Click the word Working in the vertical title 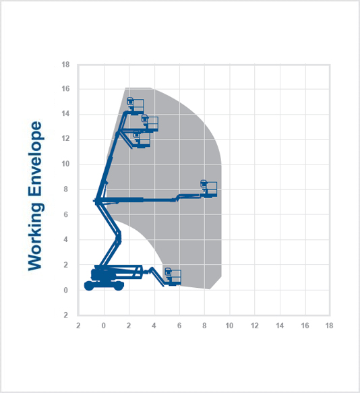35,237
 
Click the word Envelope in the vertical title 34,158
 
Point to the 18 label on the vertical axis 65,65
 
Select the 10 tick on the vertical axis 65,164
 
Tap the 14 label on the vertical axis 65,113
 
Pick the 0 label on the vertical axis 65,291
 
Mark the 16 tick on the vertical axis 65,89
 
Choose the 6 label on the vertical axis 65,214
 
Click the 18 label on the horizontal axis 329,326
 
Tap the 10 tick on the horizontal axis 229,326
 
